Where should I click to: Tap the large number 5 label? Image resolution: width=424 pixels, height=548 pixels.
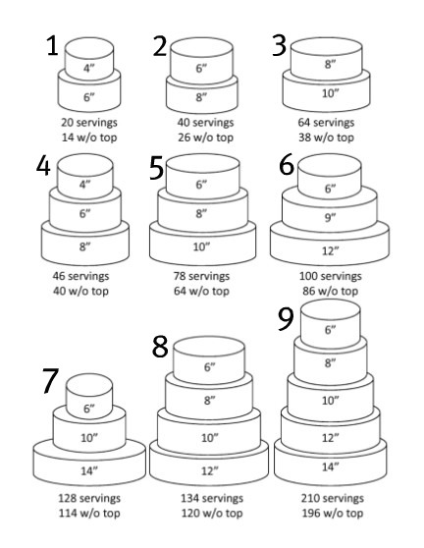coord(157,169)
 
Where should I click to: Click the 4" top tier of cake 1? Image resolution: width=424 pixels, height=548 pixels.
coord(88,68)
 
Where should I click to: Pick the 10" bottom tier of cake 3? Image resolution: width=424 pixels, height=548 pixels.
coord(330,94)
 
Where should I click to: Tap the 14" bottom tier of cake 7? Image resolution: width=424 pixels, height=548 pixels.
coord(88,470)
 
